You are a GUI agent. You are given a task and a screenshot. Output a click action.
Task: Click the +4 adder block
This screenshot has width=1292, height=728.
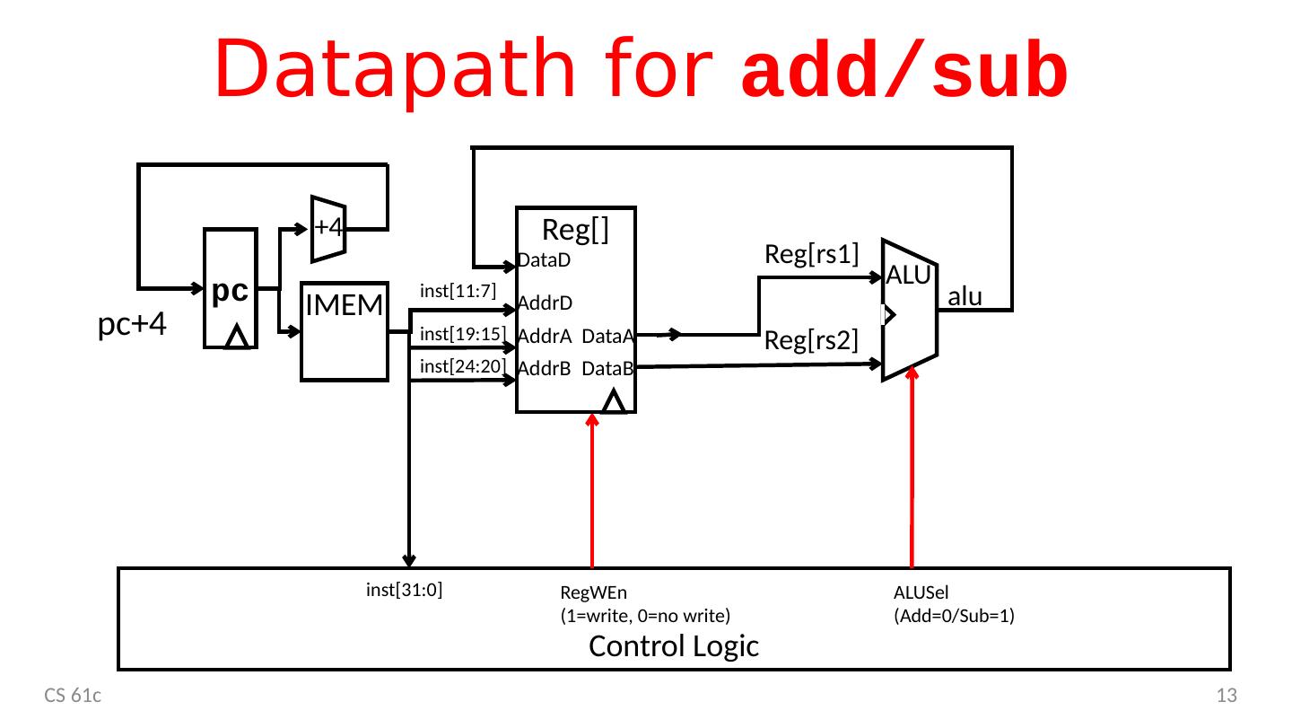click(327, 227)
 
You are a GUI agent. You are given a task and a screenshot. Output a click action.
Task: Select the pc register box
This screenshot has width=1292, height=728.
click(231, 289)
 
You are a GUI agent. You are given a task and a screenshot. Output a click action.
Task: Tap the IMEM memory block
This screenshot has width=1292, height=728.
click(345, 333)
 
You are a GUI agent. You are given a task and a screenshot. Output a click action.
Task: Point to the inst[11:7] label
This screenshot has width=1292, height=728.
click(458, 290)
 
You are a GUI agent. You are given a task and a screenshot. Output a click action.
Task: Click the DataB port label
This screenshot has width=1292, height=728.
click(607, 368)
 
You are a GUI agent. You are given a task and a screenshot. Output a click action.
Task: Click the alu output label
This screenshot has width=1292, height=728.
click(965, 297)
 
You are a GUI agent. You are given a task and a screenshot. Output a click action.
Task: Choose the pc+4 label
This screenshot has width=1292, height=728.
click(132, 325)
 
